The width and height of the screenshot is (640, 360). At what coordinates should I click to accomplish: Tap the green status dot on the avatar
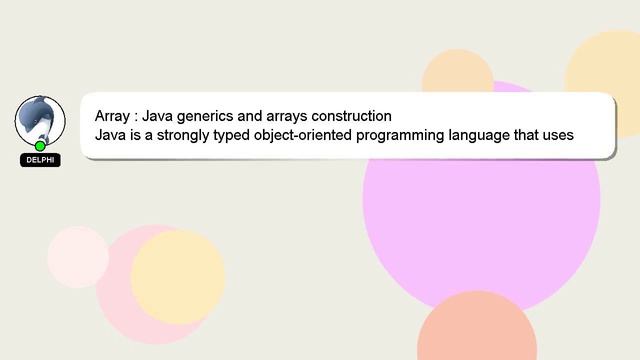pyautogui.click(x=40, y=146)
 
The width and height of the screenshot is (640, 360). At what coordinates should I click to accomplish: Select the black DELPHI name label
pyautogui.click(x=40, y=160)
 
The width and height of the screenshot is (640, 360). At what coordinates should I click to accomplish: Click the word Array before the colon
pyautogui.click(x=112, y=116)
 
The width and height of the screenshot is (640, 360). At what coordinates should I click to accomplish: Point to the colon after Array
pyautogui.click(x=136, y=116)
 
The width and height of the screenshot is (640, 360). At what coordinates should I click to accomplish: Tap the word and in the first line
pyautogui.click(x=251, y=116)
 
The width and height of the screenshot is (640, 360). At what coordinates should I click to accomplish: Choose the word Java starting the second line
pyautogui.click(x=111, y=135)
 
